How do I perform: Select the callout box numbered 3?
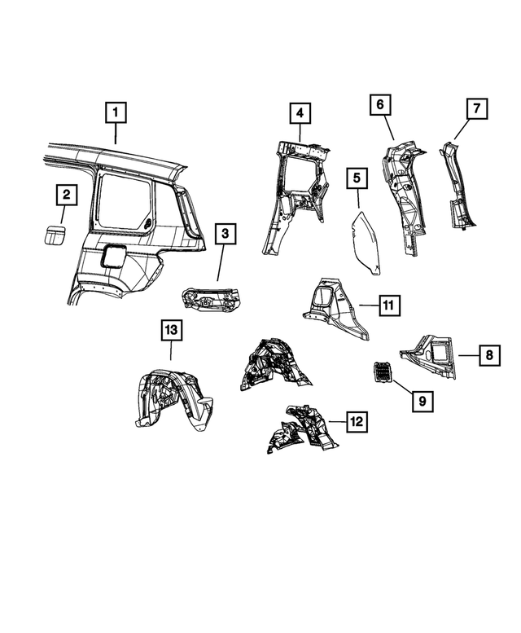click(x=228, y=235)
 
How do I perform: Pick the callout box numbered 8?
click(x=488, y=355)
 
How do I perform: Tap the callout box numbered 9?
click(x=422, y=400)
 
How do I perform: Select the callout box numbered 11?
click(x=388, y=306)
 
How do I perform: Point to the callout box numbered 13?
click(x=171, y=330)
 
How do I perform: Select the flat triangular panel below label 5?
click(x=367, y=242)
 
